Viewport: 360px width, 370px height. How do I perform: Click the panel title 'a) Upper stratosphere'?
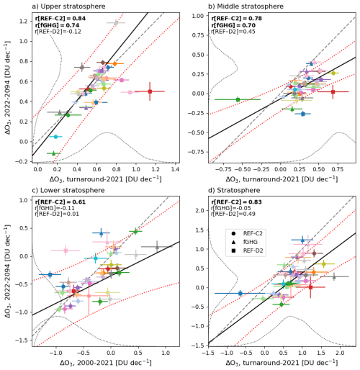[x=68, y=6]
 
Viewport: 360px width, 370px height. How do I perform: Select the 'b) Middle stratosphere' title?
[x=246, y=6]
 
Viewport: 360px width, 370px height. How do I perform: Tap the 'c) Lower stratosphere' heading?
[x=68, y=190]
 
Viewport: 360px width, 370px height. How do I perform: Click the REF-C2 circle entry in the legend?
[x=247, y=233]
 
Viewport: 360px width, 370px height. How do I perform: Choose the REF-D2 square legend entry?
[x=247, y=251]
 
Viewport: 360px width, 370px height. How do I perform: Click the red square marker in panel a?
[x=150, y=91]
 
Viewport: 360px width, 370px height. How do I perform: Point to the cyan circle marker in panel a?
[x=55, y=137]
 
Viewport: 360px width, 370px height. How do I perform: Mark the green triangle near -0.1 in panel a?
[x=54, y=153]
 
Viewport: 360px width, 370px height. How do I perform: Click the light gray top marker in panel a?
[x=116, y=23]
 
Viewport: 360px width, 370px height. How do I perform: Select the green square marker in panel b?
[x=238, y=99]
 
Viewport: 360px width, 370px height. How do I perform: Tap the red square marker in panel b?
[x=333, y=91]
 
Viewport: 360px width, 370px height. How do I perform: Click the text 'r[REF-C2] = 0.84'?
[x=60, y=19]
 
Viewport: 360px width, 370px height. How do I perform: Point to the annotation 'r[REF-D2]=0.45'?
[x=233, y=32]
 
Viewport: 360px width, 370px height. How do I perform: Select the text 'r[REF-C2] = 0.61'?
[x=60, y=202]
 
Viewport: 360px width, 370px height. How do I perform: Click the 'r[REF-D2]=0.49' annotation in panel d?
[x=233, y=214]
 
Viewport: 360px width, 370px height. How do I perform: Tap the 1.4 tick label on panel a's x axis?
[x=176, y=169]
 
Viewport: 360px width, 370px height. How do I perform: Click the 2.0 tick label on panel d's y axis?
[x=200, y=210]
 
